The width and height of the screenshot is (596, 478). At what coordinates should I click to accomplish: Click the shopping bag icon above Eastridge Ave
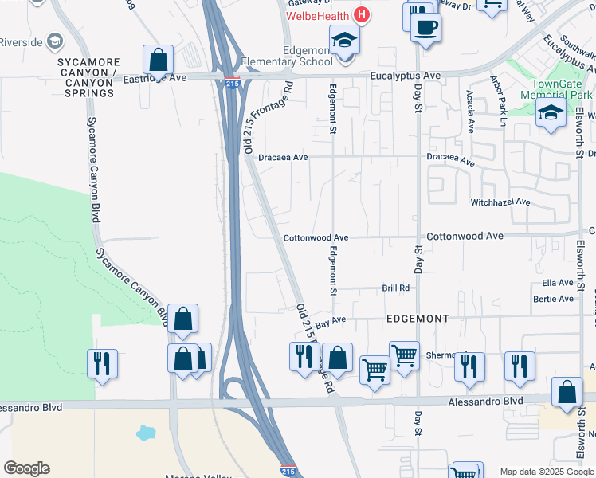coord(159,61)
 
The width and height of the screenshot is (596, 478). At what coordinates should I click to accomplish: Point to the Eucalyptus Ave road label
coord(406,76)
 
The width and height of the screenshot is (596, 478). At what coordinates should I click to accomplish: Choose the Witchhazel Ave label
coord(500,202)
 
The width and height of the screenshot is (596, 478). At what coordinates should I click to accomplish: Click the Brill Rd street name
coord(395,288)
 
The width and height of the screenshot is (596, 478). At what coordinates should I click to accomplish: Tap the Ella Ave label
coord(557,283)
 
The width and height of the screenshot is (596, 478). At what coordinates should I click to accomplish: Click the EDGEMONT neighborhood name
coord(418,318)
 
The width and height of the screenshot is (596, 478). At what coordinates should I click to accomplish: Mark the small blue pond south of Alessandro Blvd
coord(146,433)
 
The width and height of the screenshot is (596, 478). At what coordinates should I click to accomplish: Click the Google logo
coord(26,468)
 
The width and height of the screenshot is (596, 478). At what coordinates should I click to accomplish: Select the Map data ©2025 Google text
coord(547,472)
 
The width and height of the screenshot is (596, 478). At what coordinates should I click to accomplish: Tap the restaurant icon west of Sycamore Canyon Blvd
coord(102,364)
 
